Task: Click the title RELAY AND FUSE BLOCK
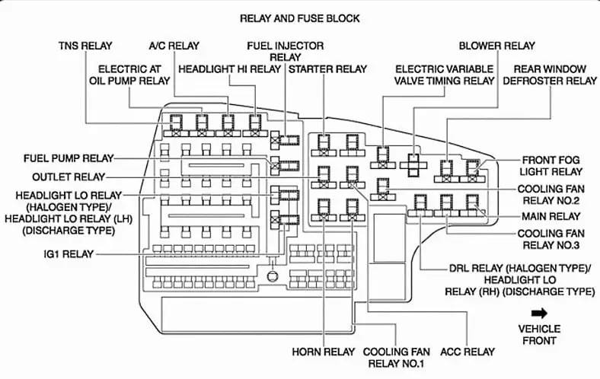click(x=299, y=18)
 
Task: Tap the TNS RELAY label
click(x=85, y=46)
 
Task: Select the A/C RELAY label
click(x=174, y=46)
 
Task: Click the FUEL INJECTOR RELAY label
click(x=285, y=51)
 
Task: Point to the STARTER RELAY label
click(x=327, y=69)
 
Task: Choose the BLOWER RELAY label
click(x=496, y=46)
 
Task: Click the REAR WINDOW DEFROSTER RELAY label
click(x=550, y=75)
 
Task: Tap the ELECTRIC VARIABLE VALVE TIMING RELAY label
click(x=444, y=75)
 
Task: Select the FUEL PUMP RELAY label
click(x=69, y=158)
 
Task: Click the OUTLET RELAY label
click(x=69, y=177)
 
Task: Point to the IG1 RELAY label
click(x=69, y=254)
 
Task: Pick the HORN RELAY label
click(x=324, y=352)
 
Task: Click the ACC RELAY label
click(x=468, y=352)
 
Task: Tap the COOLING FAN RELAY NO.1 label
click(x=397, y=358)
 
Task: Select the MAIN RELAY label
click(x=551, y=216)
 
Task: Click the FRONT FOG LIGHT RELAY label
click(x=551, y=166)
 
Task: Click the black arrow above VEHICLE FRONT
click(x=540, y=314)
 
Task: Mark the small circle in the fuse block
click(x=273, y=275)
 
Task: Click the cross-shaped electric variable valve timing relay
click(x=413, y=165)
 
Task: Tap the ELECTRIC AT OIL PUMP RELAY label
click(x=129, y=75)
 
